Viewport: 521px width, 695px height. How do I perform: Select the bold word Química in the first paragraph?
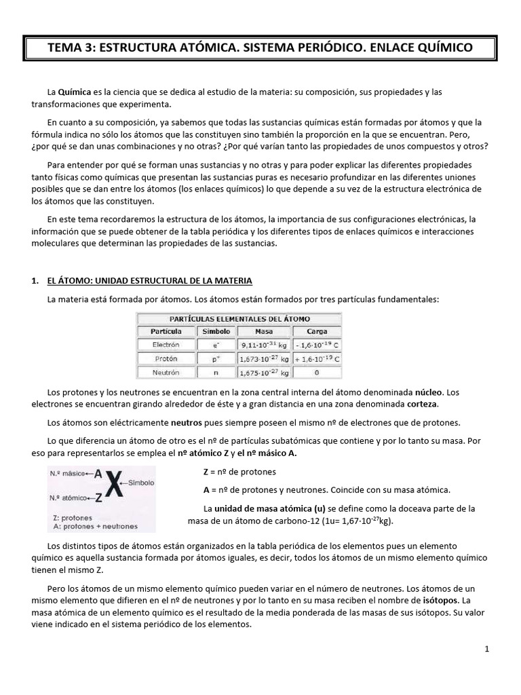(x=75, y=92)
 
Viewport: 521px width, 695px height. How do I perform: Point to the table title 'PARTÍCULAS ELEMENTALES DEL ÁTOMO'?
(x=239, y=318)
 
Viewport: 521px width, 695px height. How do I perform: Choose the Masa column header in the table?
(x=263, y=331)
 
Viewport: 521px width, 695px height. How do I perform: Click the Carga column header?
(x=317, y=331)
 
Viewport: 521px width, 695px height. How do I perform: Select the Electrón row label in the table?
(x=166, y=345)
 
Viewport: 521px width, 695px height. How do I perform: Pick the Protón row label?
(x=166, y=358)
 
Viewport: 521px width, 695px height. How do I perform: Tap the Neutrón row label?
(x=166, y=372)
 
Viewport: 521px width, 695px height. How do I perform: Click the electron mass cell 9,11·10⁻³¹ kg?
(x=263, y=345)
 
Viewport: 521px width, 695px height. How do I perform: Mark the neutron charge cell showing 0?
(x=317, y=372)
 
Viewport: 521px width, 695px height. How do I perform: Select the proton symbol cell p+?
(x=216, y=358)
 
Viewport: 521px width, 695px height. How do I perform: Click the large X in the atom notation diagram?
(x=117, y=485)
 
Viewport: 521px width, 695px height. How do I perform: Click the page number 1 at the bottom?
(x=486, y=650)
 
